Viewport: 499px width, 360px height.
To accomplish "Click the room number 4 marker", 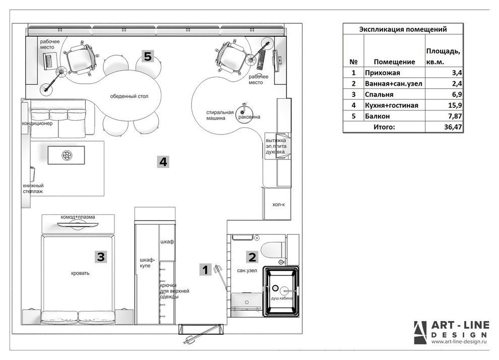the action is (x=163, y=162).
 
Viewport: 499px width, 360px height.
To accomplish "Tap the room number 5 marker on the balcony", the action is (x=148, y=56).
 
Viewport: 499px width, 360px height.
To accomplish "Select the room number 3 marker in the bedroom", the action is (x=101, y=257).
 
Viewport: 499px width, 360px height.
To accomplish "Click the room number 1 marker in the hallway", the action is (x=205, y=270).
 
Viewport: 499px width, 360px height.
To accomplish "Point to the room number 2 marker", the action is (x=252, y=257).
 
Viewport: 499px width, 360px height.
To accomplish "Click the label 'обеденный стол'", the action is (x=129, y=96).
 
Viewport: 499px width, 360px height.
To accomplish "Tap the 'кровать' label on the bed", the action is (x=80, y=273).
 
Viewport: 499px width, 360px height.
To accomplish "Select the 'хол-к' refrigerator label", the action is (x=278, y=204).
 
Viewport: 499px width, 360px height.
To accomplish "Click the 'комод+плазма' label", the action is (x=78, y=217).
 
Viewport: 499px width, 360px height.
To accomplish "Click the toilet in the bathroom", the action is (x=272, y=251).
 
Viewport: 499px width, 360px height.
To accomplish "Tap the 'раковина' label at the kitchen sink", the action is (x=249, y=117).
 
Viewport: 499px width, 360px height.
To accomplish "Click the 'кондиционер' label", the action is (x=37, y=123).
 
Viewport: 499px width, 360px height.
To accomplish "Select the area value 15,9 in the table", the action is (x=455, y=105).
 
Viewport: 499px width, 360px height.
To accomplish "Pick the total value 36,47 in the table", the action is (x=453, y=127).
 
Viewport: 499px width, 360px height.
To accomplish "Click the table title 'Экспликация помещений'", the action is (x=403, y=29).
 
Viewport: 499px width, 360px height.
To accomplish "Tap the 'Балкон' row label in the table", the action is (x=377, y=116).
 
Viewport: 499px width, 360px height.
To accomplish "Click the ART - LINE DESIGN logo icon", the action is (x=420, y=333).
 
